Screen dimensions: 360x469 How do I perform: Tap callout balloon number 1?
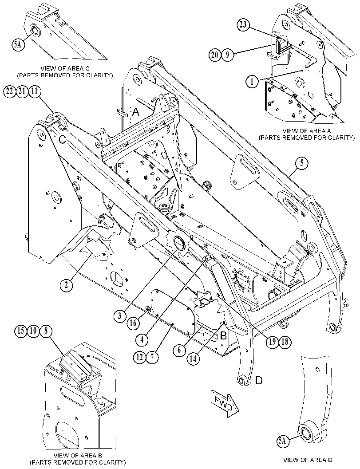coord(252,81)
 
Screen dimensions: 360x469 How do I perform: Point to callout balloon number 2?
coord(66,284)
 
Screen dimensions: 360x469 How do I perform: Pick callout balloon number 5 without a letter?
coord(302,163)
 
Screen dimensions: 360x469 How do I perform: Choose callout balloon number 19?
coord(272,341)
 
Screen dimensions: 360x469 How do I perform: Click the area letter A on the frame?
coord(136,112)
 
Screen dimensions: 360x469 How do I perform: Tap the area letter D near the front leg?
coord(259,380)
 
